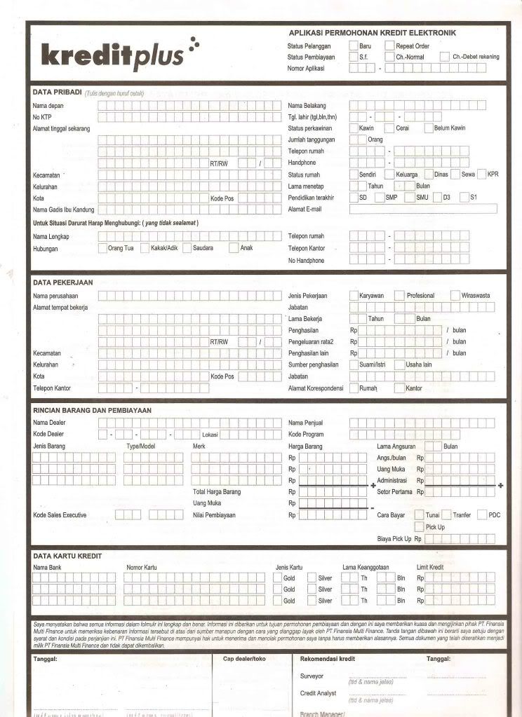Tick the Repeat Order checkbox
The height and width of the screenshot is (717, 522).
[389, 46]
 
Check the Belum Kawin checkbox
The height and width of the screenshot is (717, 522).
[429, 128]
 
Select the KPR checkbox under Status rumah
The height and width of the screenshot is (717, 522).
[482, 174]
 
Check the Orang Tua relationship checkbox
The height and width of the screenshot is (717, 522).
[102, 247]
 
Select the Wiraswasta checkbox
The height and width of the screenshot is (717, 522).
[455, 295]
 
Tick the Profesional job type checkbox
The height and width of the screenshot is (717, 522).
[399, 295]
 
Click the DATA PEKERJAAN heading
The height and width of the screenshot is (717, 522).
[63, 282]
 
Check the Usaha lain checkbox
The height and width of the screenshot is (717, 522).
[399, 364]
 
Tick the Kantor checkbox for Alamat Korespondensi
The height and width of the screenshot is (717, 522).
[399, 388]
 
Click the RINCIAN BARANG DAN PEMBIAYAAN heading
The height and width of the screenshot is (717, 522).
[92, 410]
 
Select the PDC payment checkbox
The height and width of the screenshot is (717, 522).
[482, 514]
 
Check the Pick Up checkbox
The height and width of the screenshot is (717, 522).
[419, 526]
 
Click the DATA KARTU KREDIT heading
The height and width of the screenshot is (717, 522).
[67, 556]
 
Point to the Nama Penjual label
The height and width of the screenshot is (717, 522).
[305, 423]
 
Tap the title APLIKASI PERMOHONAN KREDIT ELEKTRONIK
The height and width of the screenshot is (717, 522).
[373, 33]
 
